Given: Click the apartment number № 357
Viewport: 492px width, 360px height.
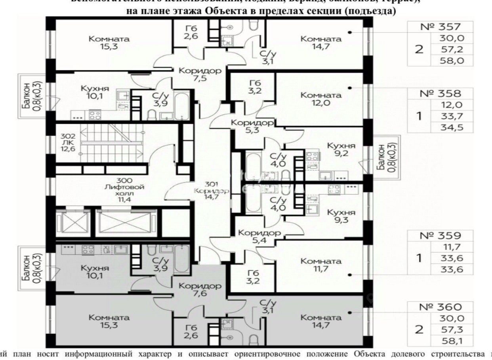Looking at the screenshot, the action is pyautogui.click(x=441, y=27).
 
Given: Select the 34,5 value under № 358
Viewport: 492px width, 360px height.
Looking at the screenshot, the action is pyautogui.click(x=452, y=128).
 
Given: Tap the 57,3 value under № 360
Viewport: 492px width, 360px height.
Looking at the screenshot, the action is pyautogui.click(x=452, y=329).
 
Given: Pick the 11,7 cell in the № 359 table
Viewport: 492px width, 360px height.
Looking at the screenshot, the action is pyautogui.click(x=452, y=247).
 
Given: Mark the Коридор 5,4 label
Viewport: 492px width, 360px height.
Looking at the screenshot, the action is pyautogui.click(x=257, y=236).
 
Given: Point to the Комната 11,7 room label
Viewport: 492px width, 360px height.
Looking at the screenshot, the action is pyautogui.click(x=320, y=265).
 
